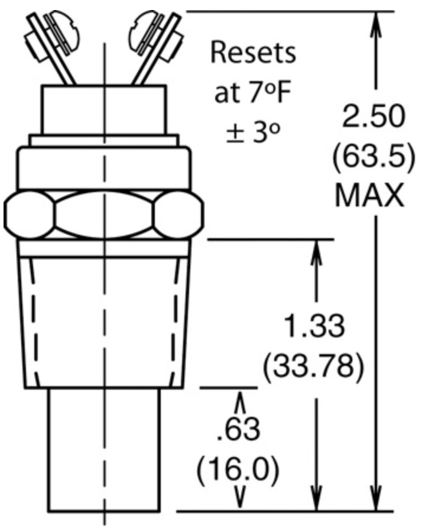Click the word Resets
253,53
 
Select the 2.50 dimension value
373,116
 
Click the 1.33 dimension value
314,326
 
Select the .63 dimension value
239,429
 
